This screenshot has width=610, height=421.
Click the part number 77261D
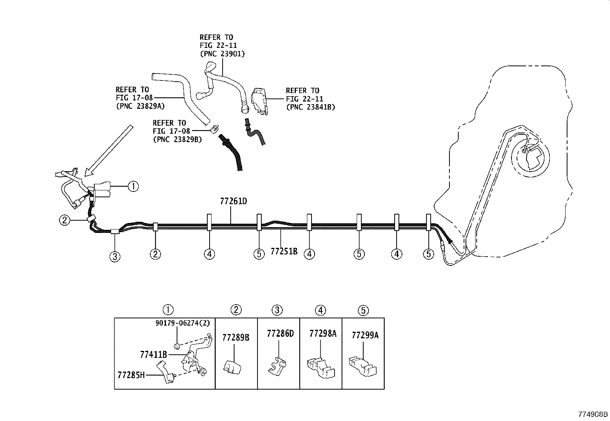click(x=233, y=201)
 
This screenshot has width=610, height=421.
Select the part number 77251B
click(x=284, y=251)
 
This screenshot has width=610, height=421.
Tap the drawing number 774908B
click(x=593, y=414)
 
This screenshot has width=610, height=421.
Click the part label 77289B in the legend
click(x=236, y=337)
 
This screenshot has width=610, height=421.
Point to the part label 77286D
click(x=280, y=333)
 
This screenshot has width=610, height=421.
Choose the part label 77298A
click(x=323, y=333)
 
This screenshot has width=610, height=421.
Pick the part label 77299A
click(x=365, y=335)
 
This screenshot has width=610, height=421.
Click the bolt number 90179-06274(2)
click(x=183, y=323)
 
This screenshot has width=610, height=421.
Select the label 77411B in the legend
click(x=153, y=355)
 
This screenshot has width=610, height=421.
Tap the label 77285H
click(x=131, y=374)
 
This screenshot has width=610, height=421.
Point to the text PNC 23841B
click(x=310, y=107)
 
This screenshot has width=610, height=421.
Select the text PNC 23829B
click(x=177, y=139)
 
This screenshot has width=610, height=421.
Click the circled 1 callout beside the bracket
click(x=133, y=187)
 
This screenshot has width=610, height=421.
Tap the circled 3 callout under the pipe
click(x=115, y=256)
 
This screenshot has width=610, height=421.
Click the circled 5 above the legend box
click(x=363, y=310)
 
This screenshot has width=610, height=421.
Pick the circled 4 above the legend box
click(x=320, y=310)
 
